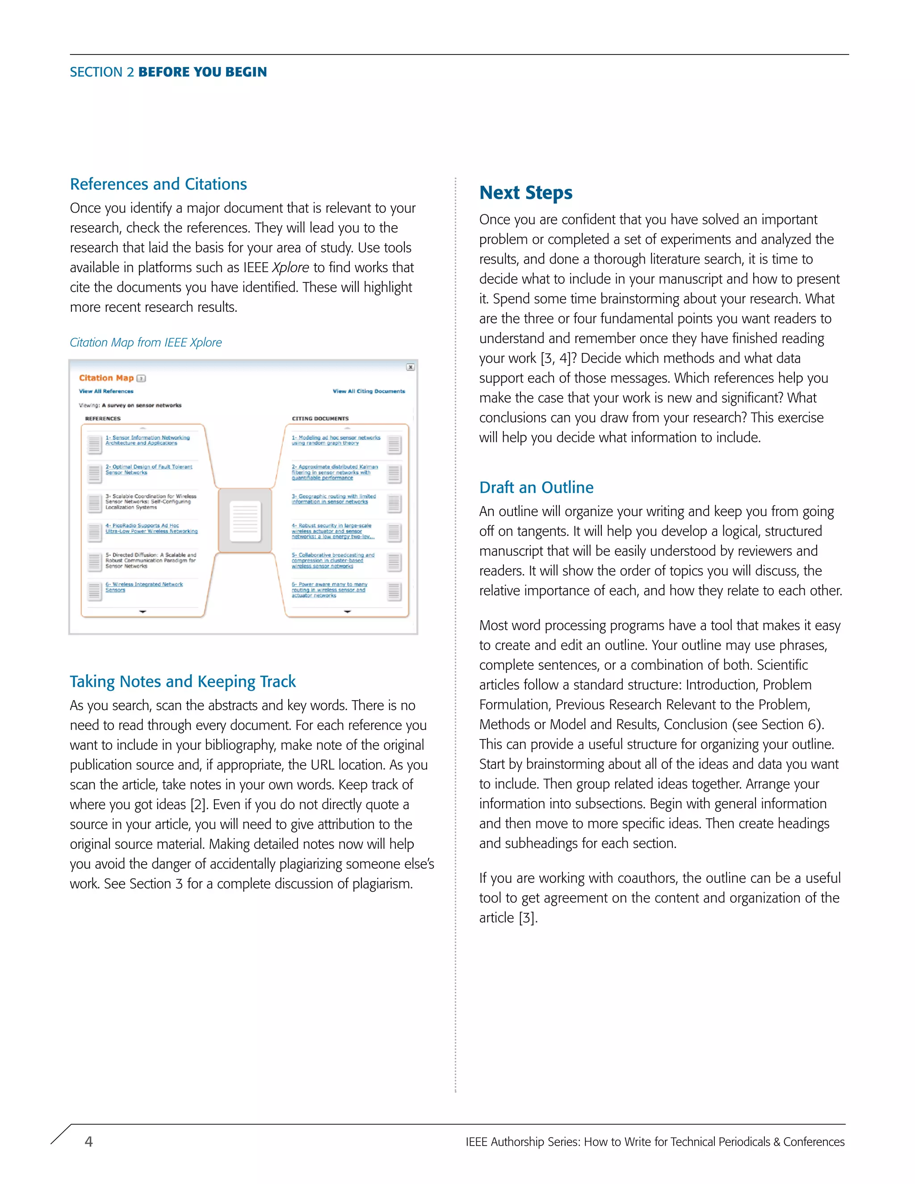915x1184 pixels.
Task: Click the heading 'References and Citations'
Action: pyautogui.click(x=158, y=185)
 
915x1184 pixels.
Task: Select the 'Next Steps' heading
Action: pyautogui.click(x=525, y=193)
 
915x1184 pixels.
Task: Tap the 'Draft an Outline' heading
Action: pyautogui.click(x=536, y=487)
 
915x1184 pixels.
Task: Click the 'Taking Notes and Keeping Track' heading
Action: pyautogui.click(x=183, y=681)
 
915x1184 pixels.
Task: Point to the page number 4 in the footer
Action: pyautogui.click(x=89, y=1142)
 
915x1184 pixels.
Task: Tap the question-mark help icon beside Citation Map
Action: pyautogui.click(x=142, y=378)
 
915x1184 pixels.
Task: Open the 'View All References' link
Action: pyautogui.click(x=106, y=391)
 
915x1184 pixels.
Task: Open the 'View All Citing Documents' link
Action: pyautogui.click(x=369, y=391)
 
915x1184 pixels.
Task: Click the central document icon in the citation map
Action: pyautogui.click(x=245, y=521)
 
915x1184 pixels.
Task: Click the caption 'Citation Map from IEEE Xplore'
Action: pyautogui.click(x=146, y=343)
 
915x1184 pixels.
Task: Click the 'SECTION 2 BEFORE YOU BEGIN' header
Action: pyautogui.click(x=168, y=72)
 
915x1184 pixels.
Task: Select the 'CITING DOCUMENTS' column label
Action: pyautogui.click(x=320, y=419)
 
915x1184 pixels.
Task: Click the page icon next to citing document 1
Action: pyautogui.click(x=394, y=445)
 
